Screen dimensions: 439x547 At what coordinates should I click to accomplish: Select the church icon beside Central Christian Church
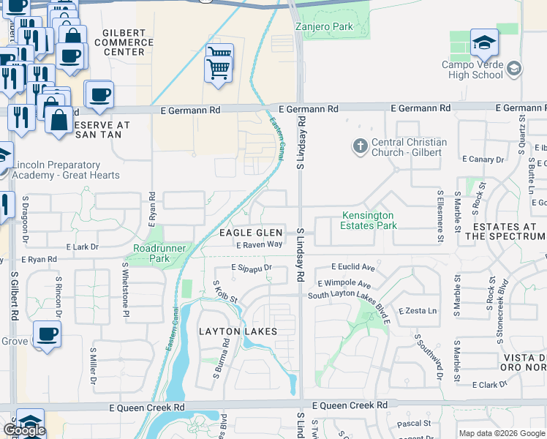click(x=360, y=146)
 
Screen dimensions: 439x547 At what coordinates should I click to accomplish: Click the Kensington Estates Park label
click(x=367, y=220)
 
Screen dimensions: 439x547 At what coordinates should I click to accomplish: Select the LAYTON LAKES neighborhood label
click(x=238, y=331)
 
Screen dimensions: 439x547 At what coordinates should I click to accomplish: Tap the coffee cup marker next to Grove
click(x=47, y=334)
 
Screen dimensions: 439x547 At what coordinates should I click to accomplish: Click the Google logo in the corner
click(x=24, y=431)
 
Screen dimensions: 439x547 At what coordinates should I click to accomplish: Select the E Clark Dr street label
click(x=495, y=385)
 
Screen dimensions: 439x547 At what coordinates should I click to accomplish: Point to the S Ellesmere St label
click(x=440, y=216)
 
